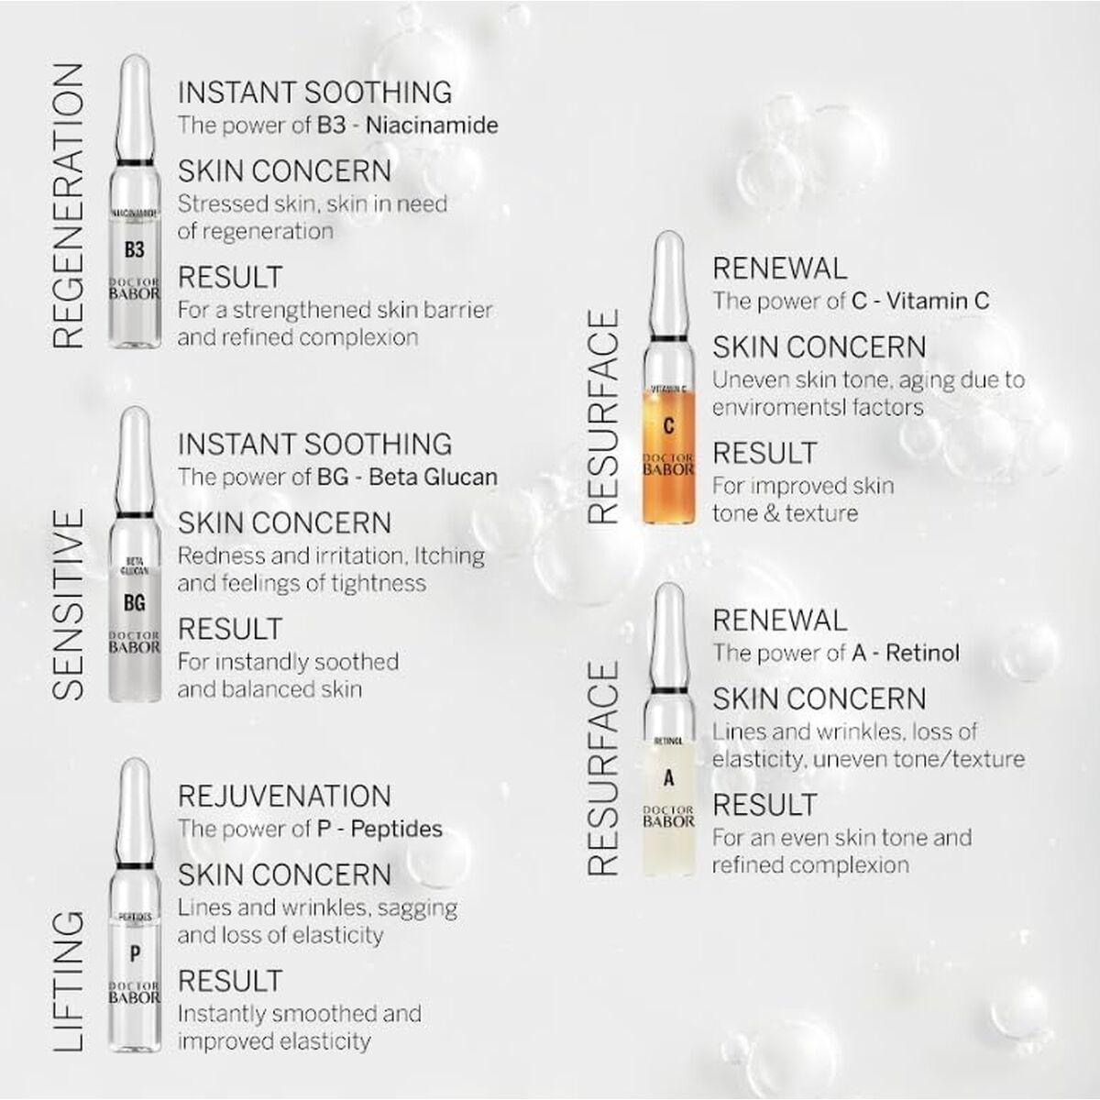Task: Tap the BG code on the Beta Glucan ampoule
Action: (134, 603)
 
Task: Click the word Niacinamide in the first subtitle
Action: (432, 125)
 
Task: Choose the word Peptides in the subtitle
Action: (396, 829)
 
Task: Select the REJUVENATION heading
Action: (284, 796)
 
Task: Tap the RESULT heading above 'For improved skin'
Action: (764, 453)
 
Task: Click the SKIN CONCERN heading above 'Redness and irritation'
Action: (284, 523)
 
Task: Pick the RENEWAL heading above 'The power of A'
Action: (779, 621)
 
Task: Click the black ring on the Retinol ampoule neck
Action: (668, 687)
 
